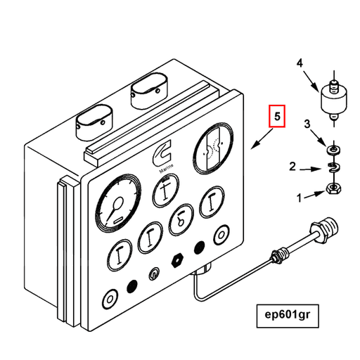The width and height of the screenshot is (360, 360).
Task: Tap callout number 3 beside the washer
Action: pyautogui.click(x=306, y=124)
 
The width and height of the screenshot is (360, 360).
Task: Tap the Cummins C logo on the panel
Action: pyautogui.click(x=161, y=153)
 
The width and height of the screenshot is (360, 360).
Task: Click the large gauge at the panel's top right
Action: pyautogui.click(x=212, y=150)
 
